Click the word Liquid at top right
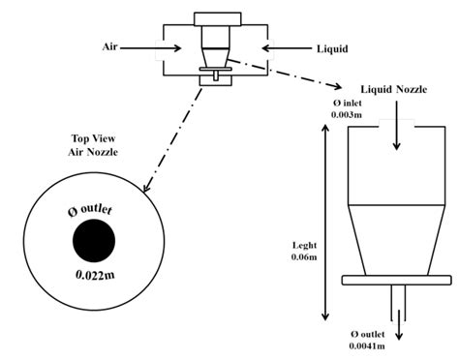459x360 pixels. (x=333, y=45)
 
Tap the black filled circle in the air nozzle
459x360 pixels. (x=95, y=237)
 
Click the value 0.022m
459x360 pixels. (x=95, y=274)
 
